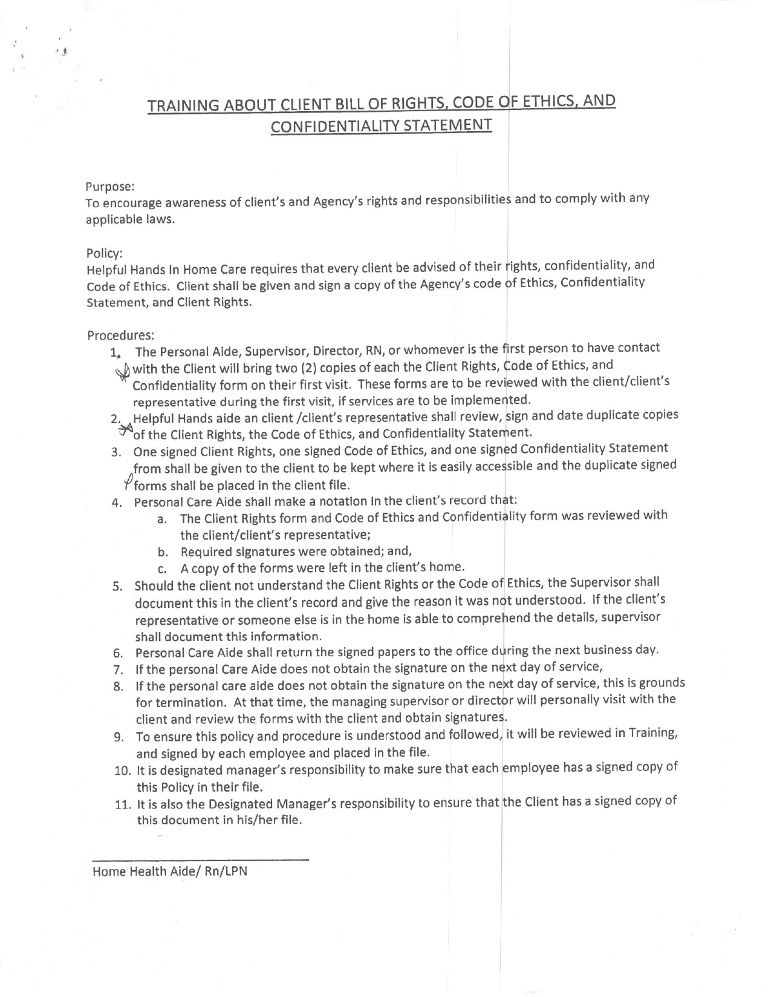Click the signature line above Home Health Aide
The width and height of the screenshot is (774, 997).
pos(200,859)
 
